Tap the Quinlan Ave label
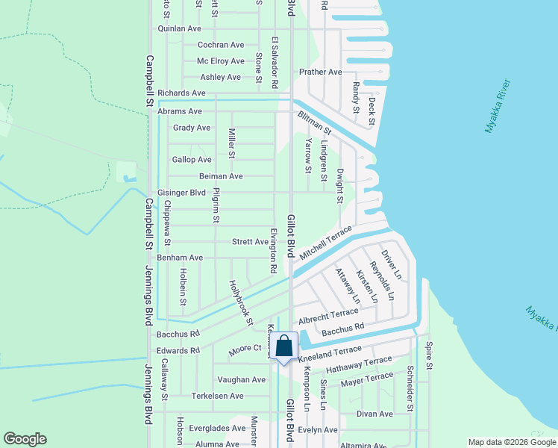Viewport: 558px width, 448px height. pos(180,28)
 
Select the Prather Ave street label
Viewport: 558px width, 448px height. pos(320,72)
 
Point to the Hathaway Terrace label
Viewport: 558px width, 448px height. pos(359,366)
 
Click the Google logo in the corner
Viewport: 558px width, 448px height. pos(25,439)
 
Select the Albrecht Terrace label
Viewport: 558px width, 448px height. pos(328,317)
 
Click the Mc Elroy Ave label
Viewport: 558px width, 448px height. pos(220,61)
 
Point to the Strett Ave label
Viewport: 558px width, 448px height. pos(250,242)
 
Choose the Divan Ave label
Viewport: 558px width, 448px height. pos(374,414)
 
